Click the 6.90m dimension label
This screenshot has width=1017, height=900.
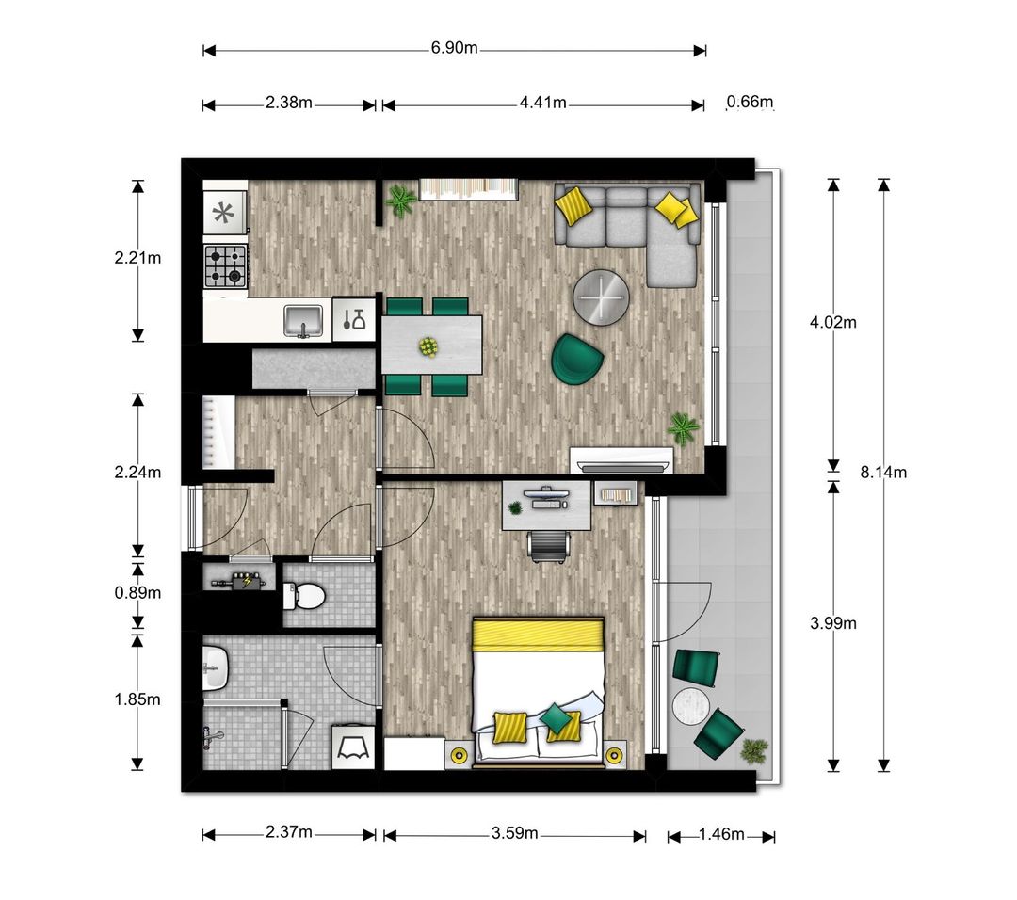tap(454, 48)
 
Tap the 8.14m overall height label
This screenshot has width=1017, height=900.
tap(883, 472)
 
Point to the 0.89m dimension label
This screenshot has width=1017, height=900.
tap(137, 593)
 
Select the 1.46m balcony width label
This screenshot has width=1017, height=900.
tap(721, 834)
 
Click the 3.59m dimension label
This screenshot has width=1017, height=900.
tap(514, 832)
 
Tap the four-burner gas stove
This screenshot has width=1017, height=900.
tap(226, 265)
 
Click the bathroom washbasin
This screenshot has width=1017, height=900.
tap(215, 667)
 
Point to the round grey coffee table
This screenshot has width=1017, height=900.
tap(601, 297)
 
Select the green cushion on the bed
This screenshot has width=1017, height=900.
tap(555, 717)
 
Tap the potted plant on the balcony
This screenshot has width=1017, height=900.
tap(753, 751)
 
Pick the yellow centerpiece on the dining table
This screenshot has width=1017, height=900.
tap(428, 346)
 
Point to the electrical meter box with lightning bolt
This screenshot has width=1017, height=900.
tap(238, 581)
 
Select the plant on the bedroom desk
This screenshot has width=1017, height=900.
tap(515, 507)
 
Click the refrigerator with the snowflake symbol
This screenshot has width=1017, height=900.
tap(224, 213)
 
